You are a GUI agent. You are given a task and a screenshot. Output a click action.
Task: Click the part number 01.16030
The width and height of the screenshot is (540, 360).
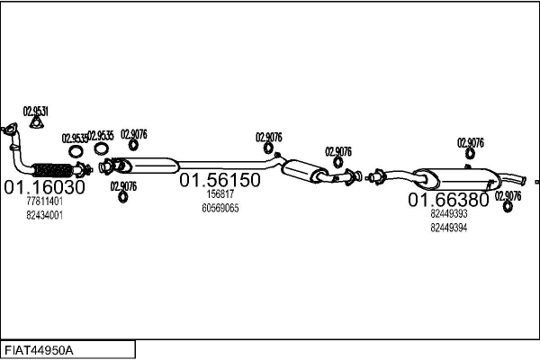click(44, 187)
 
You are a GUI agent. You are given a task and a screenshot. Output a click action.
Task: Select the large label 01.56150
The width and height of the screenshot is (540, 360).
click(220, 180)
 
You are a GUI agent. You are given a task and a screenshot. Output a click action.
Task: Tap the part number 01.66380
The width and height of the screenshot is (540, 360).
click(448, 200)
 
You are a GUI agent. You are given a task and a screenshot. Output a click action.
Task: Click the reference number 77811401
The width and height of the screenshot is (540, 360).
click(44, 202)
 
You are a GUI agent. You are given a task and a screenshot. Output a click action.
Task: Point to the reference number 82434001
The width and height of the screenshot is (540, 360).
click(44, 215)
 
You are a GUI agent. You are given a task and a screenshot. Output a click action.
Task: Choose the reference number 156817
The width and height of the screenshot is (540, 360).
click(220, 194)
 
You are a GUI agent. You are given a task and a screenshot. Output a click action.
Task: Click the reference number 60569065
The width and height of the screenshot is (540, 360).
click(220, 208)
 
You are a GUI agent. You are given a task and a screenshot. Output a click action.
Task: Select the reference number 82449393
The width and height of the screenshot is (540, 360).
click(449, 213)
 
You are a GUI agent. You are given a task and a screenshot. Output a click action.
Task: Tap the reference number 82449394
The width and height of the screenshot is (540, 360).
click(449, 228)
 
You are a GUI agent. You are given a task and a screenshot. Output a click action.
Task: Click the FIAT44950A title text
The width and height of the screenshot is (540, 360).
click(39, 351)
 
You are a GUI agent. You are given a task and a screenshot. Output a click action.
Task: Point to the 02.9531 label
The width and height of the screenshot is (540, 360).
click(36, 112)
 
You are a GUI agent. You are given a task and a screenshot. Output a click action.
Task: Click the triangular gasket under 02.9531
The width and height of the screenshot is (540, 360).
click(36, 122)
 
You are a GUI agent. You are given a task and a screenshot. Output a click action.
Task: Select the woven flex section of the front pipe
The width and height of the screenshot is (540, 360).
click(52, 170)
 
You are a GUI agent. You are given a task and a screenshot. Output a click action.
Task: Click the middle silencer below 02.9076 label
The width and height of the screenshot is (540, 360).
click(304, 170)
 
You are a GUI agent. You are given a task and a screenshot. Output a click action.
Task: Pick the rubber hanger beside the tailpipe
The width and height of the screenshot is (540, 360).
click(508, 206)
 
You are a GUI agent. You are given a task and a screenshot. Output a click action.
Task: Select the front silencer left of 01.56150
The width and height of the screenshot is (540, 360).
click(148, 166)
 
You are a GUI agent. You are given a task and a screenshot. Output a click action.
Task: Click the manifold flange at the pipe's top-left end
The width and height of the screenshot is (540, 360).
click(9, 128)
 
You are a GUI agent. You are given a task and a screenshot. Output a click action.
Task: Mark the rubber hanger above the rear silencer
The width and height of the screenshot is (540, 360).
click(470, 153)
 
